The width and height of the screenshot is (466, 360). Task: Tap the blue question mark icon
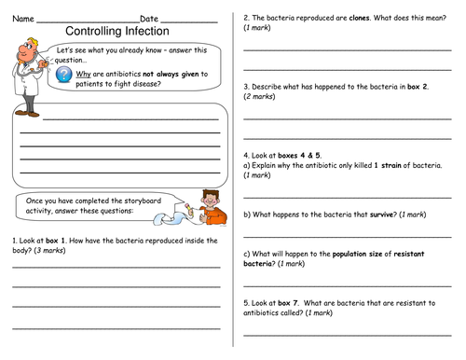(62, 75)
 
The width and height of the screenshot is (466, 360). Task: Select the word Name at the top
(22, 18)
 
